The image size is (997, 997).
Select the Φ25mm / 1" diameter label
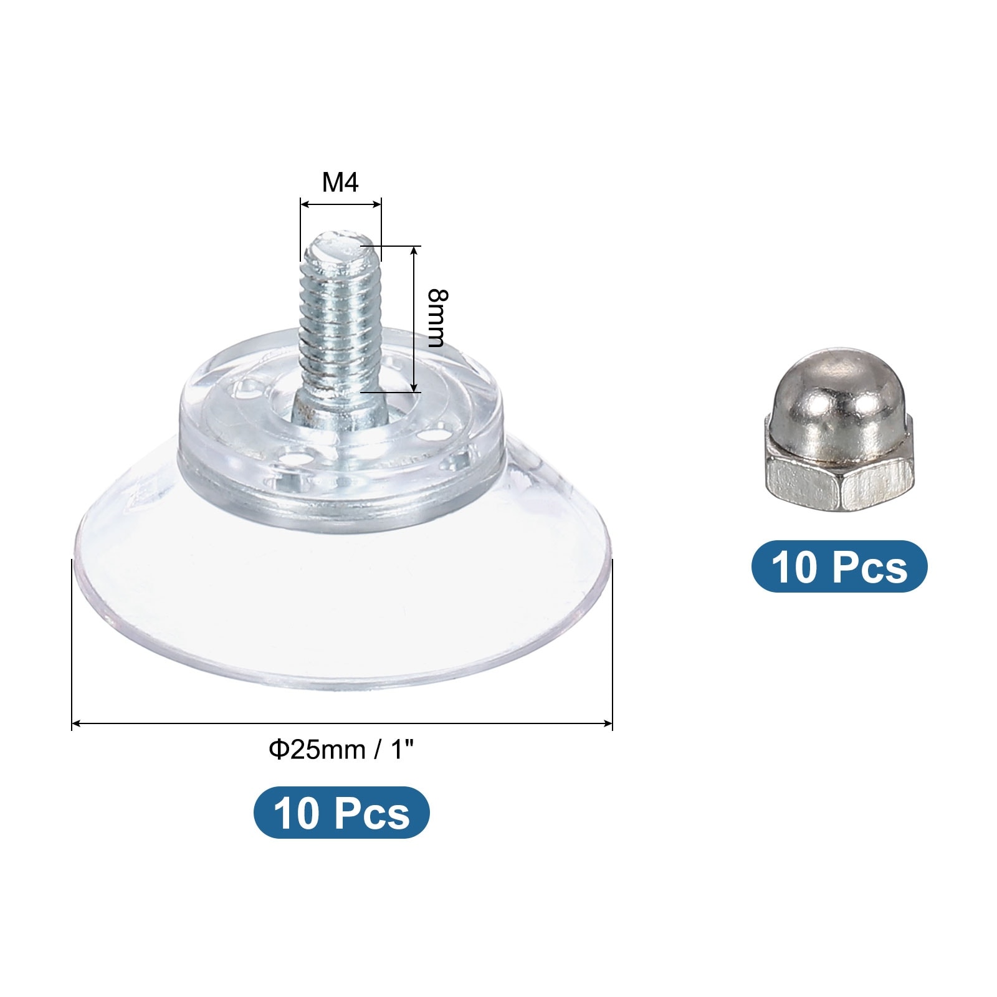(341, 750)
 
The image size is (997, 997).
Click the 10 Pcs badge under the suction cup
(341, 813)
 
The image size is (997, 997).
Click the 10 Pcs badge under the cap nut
(839, 566)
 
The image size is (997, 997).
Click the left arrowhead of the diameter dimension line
(76, 723)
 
